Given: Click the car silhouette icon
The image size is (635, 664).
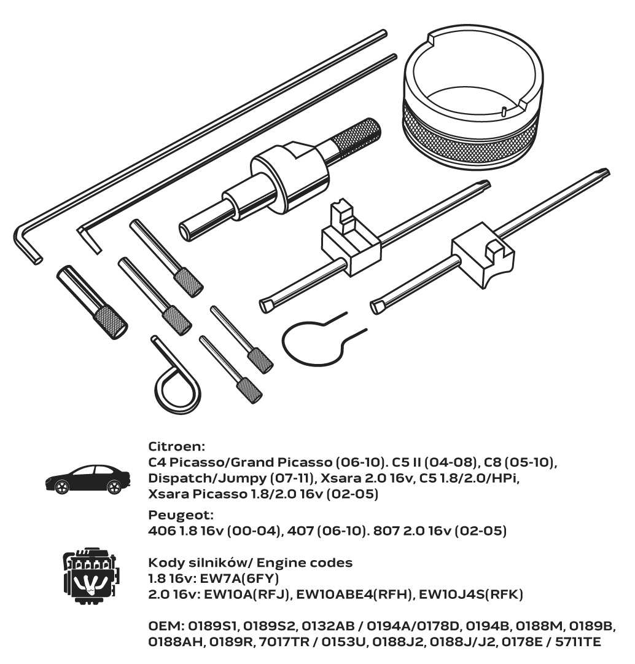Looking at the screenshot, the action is (88, 480).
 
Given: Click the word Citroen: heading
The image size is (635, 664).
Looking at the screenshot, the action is (176, 446).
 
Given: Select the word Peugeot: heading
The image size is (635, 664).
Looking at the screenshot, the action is (181, 515).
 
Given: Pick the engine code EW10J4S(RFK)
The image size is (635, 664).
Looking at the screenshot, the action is (471, 595).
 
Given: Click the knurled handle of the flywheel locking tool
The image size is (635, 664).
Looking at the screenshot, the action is (356, 135).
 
